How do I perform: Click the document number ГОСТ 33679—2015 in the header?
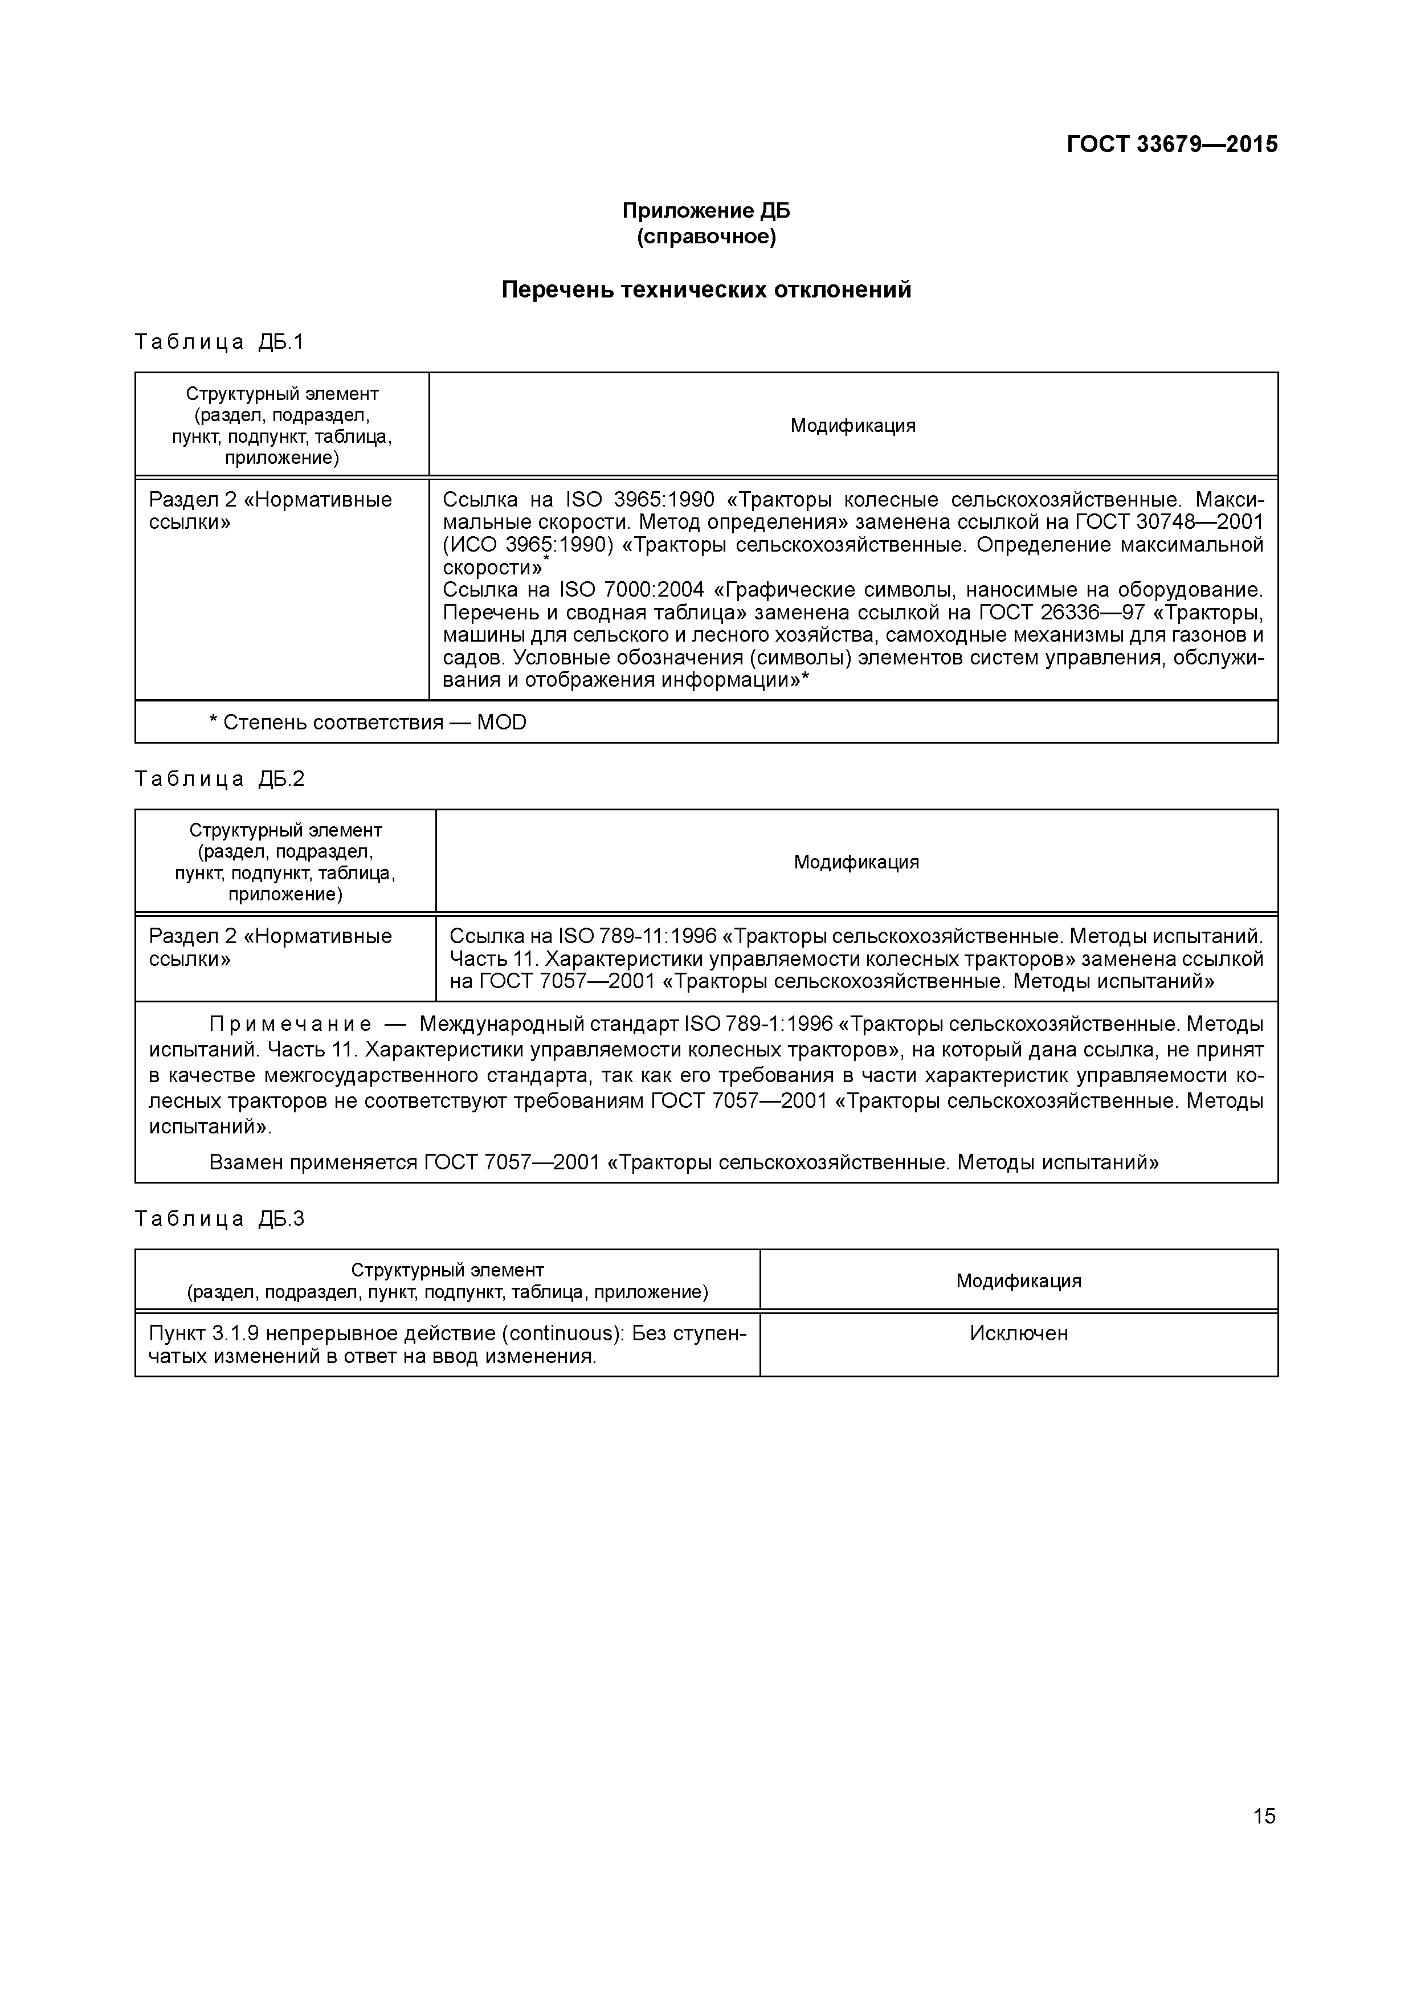click(x=1172, y=145)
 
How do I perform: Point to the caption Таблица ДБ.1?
click(x=219, y=342)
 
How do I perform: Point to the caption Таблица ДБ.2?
click(x=219, y=779)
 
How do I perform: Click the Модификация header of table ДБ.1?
click(x=852, y=426)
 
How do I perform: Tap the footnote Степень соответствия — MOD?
click(x=367, y=723)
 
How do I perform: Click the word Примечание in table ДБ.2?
click(x=291, y=1025)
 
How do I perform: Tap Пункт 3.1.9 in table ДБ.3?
click(x=202, y=1334)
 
